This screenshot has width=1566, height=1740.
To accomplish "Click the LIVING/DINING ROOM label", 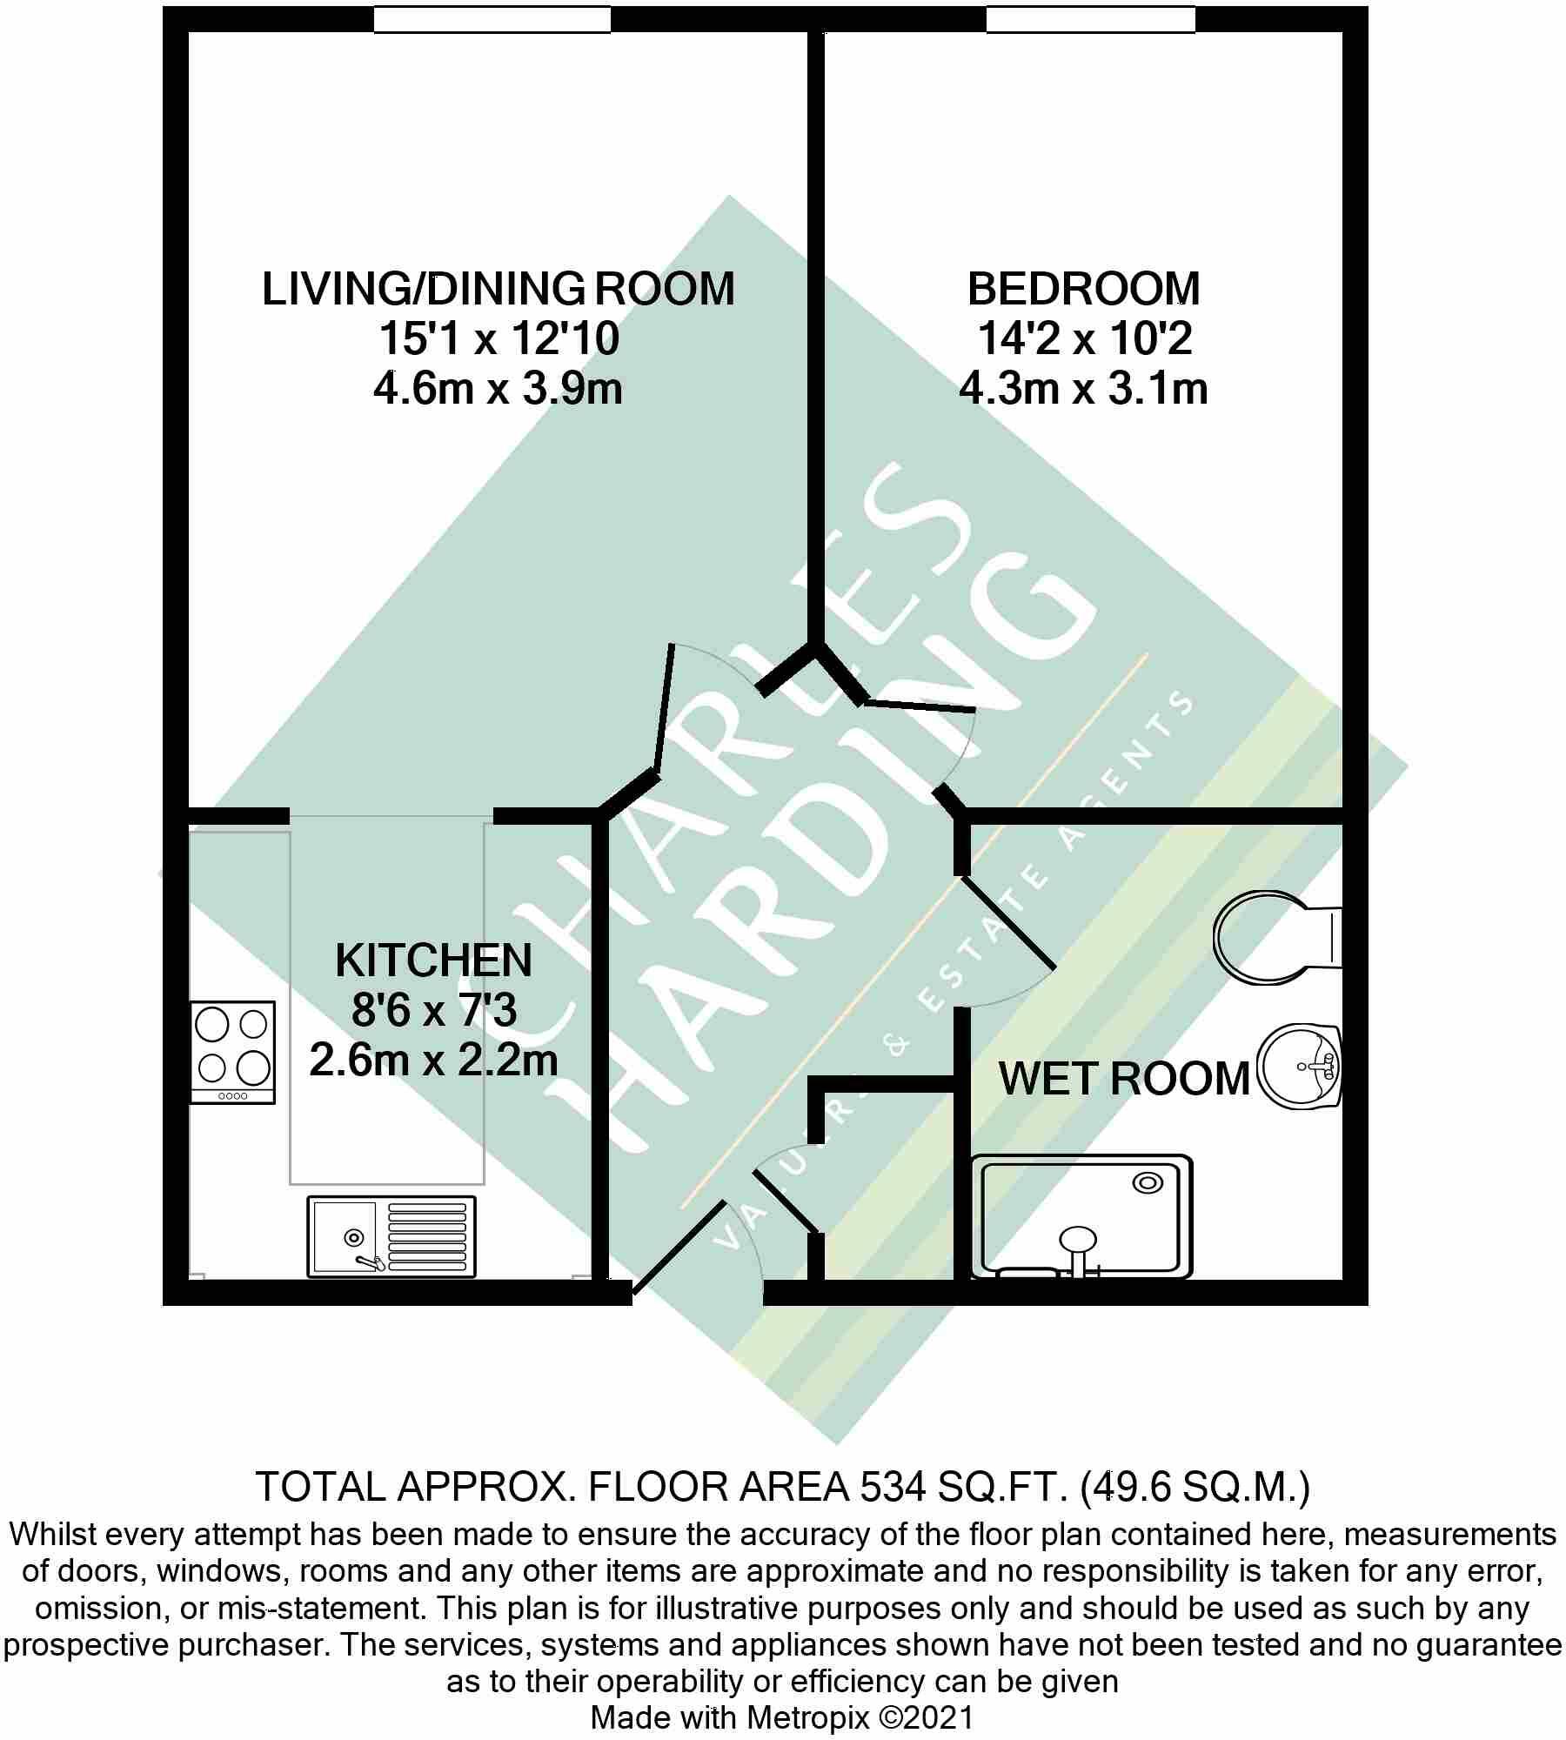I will (x=498, y=289).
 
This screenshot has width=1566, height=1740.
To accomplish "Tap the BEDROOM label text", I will (x=1083, y=289).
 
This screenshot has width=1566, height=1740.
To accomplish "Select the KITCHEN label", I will (x=433, y=960).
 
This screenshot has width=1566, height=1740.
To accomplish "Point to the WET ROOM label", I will (x=1124, y=1079).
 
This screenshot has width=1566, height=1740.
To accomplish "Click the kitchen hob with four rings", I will (x=232, y=1052).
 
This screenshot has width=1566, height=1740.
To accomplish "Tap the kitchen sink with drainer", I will (x=391, y=1236).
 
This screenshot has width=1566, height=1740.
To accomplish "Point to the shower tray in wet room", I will (x=1081, y=1216).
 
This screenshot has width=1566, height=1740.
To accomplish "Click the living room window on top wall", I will (x=492, y=19).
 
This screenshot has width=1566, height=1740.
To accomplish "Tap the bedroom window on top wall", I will (x=1090, y=19).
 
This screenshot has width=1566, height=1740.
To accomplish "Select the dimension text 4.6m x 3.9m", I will (x=498, y=389).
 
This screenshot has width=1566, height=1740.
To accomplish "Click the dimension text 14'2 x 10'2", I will (x=1083, y=338).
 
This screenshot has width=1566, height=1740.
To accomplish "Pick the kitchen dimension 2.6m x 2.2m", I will (x=433, y=1061).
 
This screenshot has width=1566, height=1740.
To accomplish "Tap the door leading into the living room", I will (x=663, y=706).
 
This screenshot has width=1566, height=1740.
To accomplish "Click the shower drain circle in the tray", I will (x=1148, y=1183).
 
